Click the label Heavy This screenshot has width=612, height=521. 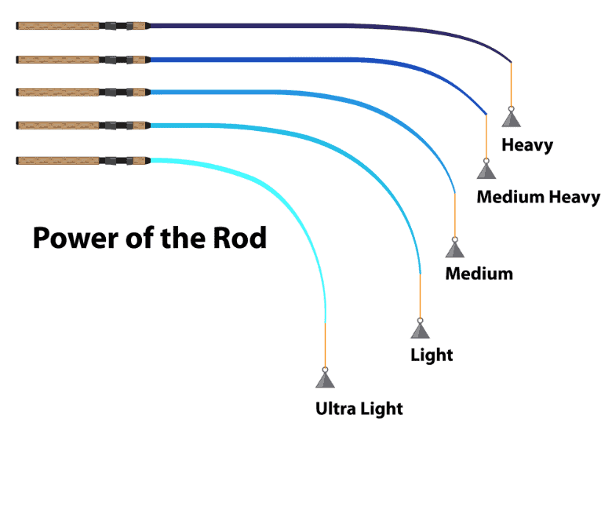[x=527, y=145]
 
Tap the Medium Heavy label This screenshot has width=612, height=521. [x=538, y=197]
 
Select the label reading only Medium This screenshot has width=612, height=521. [x=479, y=274]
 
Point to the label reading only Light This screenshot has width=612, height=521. [x=432, y=355]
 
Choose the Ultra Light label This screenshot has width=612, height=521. [x=359, y=409]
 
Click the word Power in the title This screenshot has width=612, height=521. [x=76, y=238]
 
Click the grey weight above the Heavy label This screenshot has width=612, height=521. [x=512, y=117]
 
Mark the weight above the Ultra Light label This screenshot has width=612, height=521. [x=325, y=377]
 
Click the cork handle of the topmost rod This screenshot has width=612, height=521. [x=58, y=26]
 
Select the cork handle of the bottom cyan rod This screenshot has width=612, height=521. [x=58, y=160]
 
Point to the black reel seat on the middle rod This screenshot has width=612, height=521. [x=116, y=92]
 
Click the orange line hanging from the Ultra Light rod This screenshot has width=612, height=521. [x=325, y=345]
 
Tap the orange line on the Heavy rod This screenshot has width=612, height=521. [x=512, y=85]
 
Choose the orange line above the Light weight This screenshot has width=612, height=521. [x=420, y=297]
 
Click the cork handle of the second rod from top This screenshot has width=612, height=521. [x=58, y=60]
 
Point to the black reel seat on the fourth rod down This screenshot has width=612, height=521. [x=116, y=126]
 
